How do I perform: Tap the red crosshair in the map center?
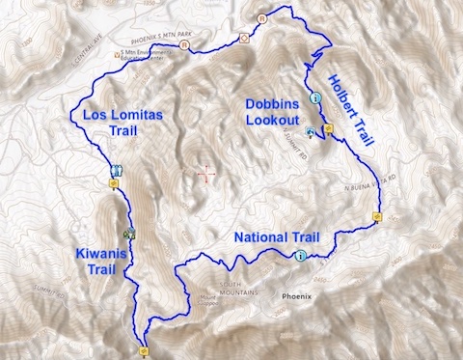click(204, 174)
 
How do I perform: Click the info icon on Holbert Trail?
click(314, 97)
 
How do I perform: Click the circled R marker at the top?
click(261, 17)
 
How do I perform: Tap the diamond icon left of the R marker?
click(244, 39)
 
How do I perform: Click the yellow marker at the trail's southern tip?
click(144, 351)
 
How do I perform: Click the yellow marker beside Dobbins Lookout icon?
click(329, 127)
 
